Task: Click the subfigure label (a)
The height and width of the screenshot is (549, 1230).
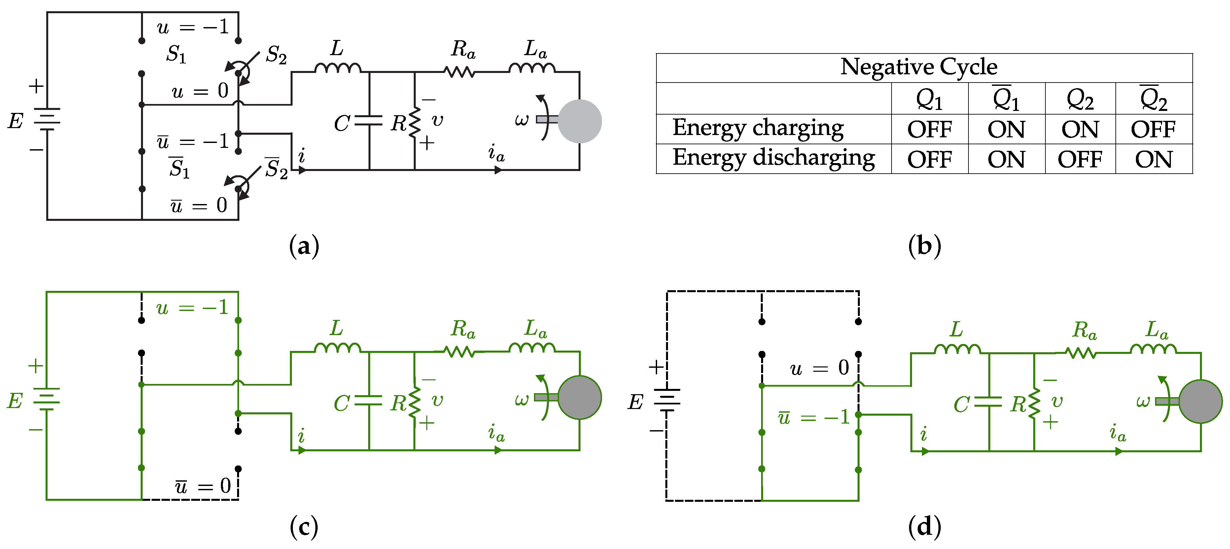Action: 304,246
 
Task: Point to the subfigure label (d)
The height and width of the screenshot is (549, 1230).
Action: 925,527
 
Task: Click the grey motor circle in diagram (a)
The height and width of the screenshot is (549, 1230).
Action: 579,121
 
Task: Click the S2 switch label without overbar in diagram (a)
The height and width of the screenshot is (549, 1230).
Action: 276,55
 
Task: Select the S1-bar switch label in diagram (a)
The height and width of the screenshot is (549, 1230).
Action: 179,168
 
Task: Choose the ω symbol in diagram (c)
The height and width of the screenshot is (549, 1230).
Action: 521,399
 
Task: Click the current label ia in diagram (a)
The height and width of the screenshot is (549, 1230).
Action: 496,153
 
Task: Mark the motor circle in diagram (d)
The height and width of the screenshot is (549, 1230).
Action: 1200,401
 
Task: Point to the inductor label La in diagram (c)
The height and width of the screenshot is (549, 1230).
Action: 535,329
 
